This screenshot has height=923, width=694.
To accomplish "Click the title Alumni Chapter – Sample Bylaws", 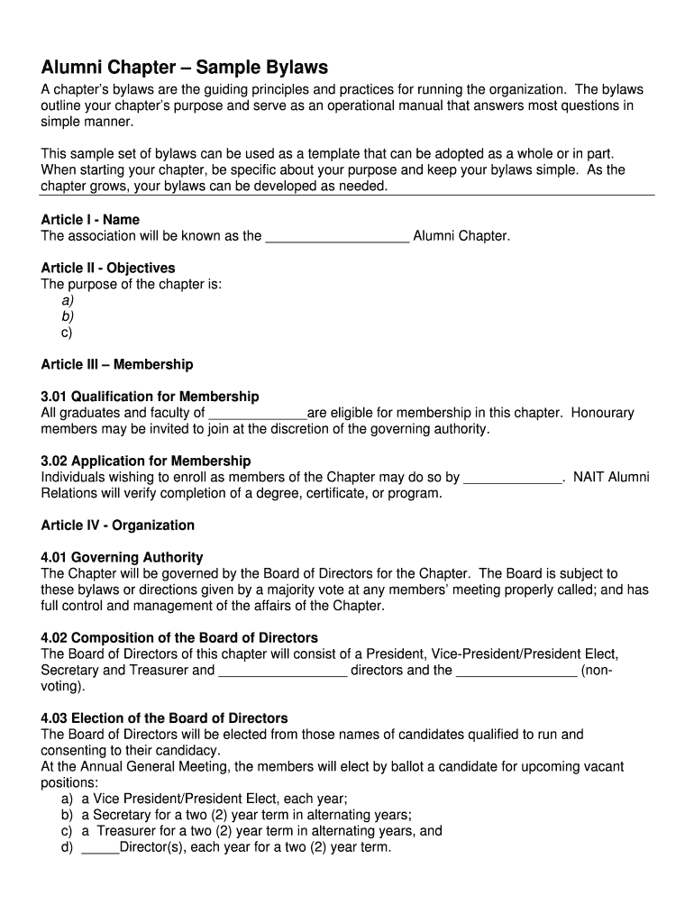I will coord(185,68).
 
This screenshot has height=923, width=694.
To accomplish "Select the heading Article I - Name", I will coord(90,220).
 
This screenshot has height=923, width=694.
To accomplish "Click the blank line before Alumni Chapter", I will coord(338,238).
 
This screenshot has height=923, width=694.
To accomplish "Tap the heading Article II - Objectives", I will coord(108,269).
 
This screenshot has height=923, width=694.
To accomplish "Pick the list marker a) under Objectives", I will coord(68,301).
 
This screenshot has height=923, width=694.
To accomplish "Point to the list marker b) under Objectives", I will coord(68,317).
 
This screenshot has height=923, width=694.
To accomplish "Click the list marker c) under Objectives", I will coord(68,334).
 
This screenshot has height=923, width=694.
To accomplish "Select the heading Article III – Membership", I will coord(117,365).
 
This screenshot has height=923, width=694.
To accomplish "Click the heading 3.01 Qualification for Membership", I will coord(150,398).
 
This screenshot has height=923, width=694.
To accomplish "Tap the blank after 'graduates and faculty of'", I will coord(258,415).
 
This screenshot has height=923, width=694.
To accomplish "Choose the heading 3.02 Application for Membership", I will coord(146,461).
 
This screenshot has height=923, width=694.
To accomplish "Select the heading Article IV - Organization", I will coord(118,525).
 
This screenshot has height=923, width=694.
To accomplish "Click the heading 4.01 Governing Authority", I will coord(122,558).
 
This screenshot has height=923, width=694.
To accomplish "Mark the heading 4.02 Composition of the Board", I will coord(179,638).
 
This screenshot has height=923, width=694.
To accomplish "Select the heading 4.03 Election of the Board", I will coord(164,718).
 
